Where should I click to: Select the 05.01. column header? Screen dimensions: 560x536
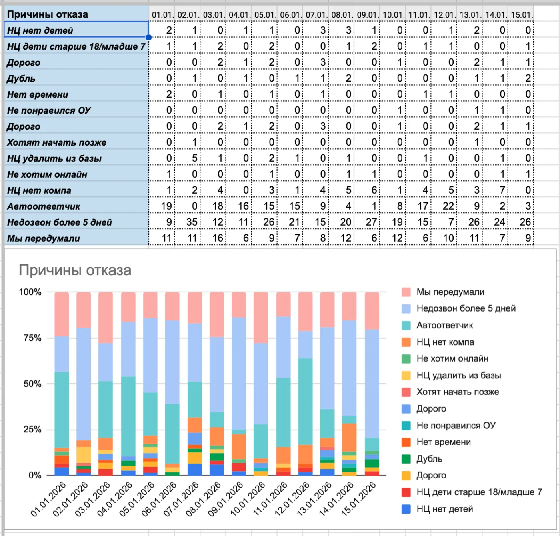[265, 15]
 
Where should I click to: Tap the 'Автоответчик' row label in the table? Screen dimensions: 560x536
[44, 206]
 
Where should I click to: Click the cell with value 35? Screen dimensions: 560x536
[192, 222]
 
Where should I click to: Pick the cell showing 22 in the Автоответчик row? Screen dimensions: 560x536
[448, 206]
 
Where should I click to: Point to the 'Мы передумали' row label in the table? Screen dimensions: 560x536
[44, 238]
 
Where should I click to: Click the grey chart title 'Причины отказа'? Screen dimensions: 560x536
[75, 270]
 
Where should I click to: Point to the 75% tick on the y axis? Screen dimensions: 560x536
[32, 338]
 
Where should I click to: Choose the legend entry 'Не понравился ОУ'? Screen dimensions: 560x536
[456, 426]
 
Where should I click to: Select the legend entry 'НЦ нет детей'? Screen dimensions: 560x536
[445, 509]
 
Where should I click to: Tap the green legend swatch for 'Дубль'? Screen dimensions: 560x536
[406, 459]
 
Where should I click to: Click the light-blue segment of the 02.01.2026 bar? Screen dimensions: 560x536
[84, 384]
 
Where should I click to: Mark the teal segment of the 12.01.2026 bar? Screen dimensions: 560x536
[305, 402]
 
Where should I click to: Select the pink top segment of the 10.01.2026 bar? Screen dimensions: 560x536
[261, 318]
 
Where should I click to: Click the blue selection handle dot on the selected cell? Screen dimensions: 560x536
[148, 37]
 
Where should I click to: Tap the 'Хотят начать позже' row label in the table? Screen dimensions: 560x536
[57, 142]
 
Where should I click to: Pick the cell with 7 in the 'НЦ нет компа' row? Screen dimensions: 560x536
[502, 190]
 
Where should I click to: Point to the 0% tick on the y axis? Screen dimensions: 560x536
[35, 475]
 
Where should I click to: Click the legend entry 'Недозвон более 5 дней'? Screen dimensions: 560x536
[466, 308]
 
